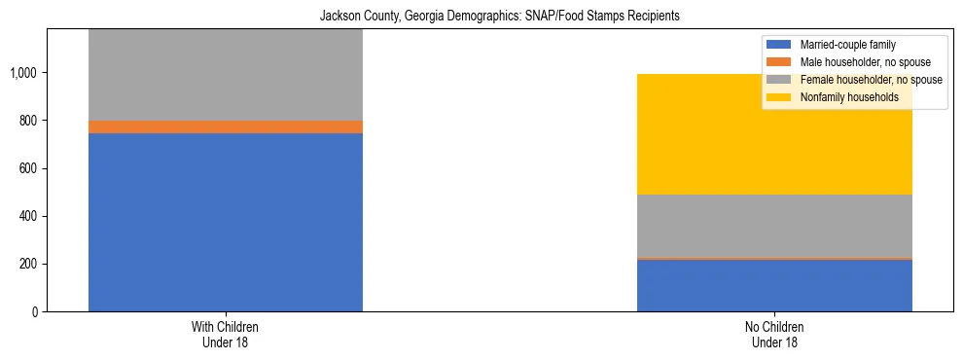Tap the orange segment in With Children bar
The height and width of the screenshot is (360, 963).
tap(226, 126)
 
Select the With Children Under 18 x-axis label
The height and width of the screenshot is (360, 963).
tap(226, 335)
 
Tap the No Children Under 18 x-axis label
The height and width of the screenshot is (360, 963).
tap(774, 335)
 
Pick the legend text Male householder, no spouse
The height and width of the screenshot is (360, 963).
tap(853, 62)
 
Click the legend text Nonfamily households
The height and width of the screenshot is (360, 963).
tap(841, 97)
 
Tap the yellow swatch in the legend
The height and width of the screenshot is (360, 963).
tap(779, 97)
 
